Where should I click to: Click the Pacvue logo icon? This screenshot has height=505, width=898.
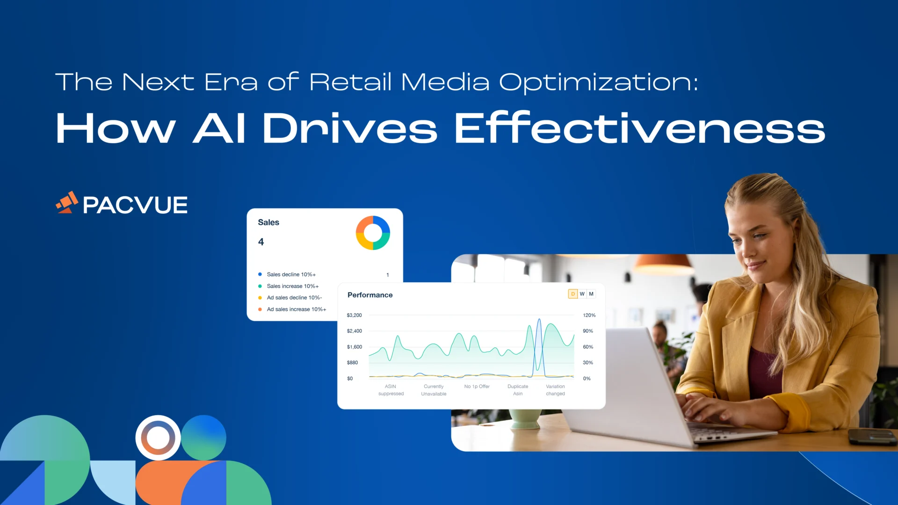pyautogui.click(x=67, y=203)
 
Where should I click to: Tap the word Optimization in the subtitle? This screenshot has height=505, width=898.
pyautogui.click(x=598, y=82)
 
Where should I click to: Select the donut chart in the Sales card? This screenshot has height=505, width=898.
pyautogui.click(x=373, y=233)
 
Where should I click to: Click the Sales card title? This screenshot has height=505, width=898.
pyautogui.click(x=268, y=222)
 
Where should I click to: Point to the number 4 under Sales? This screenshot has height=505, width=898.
pyautogui.click(x=261, y=242)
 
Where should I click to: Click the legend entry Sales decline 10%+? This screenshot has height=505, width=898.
pyautogui.click(x=291, y=275)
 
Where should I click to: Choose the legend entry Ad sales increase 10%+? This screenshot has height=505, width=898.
pyautogui.click(x=296, y=309)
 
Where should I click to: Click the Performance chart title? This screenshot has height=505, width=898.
pyautogui.click(x=370, y=295)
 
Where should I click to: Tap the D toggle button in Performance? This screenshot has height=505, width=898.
pyautogui.click(x=572, y=294)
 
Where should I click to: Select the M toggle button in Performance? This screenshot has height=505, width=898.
pyautogui.click(x=591, y=294)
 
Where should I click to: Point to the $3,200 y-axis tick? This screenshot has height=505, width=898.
pyautogui.click(x=354, y=315)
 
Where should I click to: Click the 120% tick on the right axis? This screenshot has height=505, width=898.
pyautogui.click(x=589, y=315)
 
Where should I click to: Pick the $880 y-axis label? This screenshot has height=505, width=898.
pyautogui.click(x=352, y=363)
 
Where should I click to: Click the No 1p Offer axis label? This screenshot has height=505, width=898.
pyautogui.click(x=477, y=387)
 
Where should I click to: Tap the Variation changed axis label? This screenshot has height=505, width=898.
pyautogui.click(x=555, y=390)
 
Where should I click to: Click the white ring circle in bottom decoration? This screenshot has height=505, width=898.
pyautogui.click(x=158, y=438)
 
